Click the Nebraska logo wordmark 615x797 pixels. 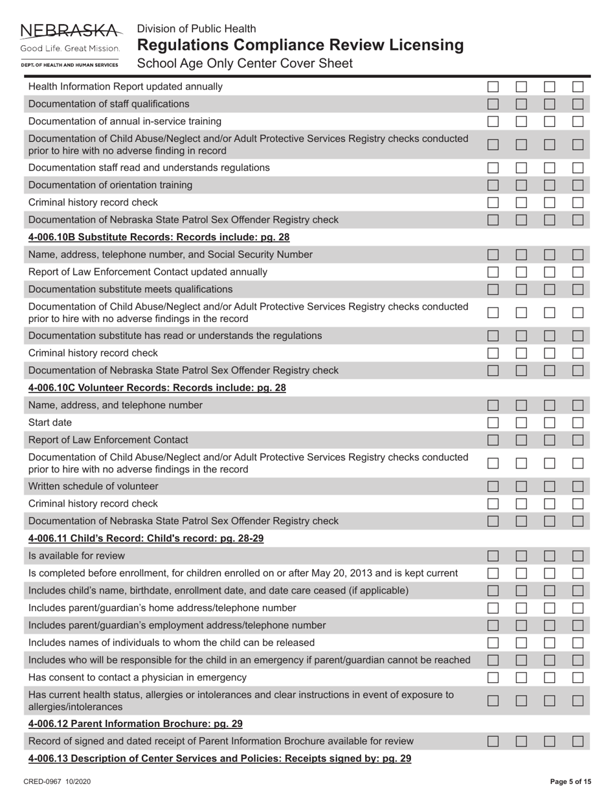click(71, 30)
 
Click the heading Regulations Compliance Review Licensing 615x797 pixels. click(300, 45)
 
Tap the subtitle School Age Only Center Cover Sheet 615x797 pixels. click(245, 64)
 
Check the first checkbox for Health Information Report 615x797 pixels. click(493, 86)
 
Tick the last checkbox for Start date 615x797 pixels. click(578, 422)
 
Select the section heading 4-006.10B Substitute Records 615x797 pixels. click(159, 237)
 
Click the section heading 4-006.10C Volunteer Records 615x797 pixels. click(157, 388)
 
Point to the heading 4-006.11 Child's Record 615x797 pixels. click(146, 538)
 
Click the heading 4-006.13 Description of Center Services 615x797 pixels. click(219, 759)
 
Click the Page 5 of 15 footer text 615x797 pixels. click(570, 782)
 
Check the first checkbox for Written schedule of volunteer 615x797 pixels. click(493, 486)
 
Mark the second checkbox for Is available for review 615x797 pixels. click(522, 556)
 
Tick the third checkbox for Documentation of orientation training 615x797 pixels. click(550, 185)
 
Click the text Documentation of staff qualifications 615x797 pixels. click(109, 104)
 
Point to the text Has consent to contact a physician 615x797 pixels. click(137, 678)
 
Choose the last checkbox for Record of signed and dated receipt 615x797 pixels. click(578, 741)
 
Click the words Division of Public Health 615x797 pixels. click(196, 29)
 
